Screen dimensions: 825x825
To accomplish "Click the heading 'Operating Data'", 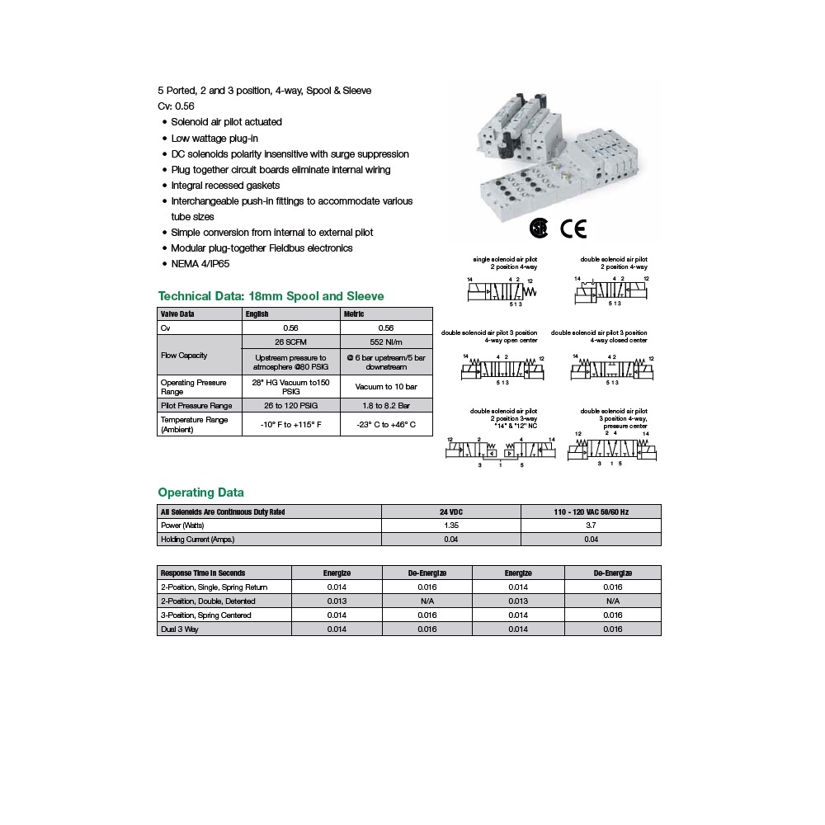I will point(200,493).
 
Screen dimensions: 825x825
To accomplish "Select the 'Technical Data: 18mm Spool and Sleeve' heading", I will point(271,296).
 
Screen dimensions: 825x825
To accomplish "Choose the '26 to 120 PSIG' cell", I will point(290,405).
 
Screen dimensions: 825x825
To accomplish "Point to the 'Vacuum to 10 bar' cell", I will point(386,386).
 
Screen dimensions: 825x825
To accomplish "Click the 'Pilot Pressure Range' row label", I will point(196,405).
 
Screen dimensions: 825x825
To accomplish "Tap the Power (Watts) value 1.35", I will point(451,525).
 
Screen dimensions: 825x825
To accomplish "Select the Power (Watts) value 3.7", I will point(591,525).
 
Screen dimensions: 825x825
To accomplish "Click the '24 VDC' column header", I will point(451,511).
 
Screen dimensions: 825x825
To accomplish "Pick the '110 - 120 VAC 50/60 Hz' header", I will point(591,511).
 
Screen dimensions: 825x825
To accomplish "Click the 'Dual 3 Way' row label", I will point(179,629).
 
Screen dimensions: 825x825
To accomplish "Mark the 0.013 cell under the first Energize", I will point(337,601).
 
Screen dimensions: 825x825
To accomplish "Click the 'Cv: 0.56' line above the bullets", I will point(176,106).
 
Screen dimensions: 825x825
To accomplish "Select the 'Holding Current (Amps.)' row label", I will point(198,539).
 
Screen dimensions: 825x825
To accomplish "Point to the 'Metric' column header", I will point(354,313).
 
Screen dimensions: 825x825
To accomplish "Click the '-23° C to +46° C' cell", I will point(386,425).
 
